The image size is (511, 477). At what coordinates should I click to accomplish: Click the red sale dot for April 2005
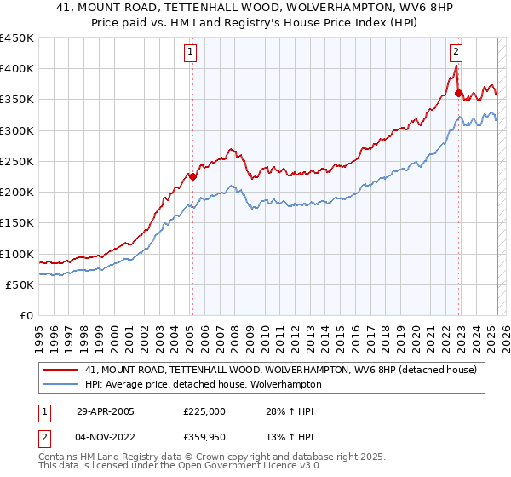pyautogui.click(x=192, y=177)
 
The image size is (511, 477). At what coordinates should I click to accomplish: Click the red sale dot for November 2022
pyautogui.click(x=459, y=93)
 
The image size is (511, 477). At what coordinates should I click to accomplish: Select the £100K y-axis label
pyautogui.click(x=17, y=255)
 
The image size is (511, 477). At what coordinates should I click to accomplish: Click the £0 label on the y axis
pyautogui.click(x=26, y=316)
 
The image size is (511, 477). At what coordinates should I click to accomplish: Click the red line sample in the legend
pyautogui.click(x=61, y=370)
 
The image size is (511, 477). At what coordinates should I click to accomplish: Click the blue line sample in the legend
pyautogui.click(x=61, y=384)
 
